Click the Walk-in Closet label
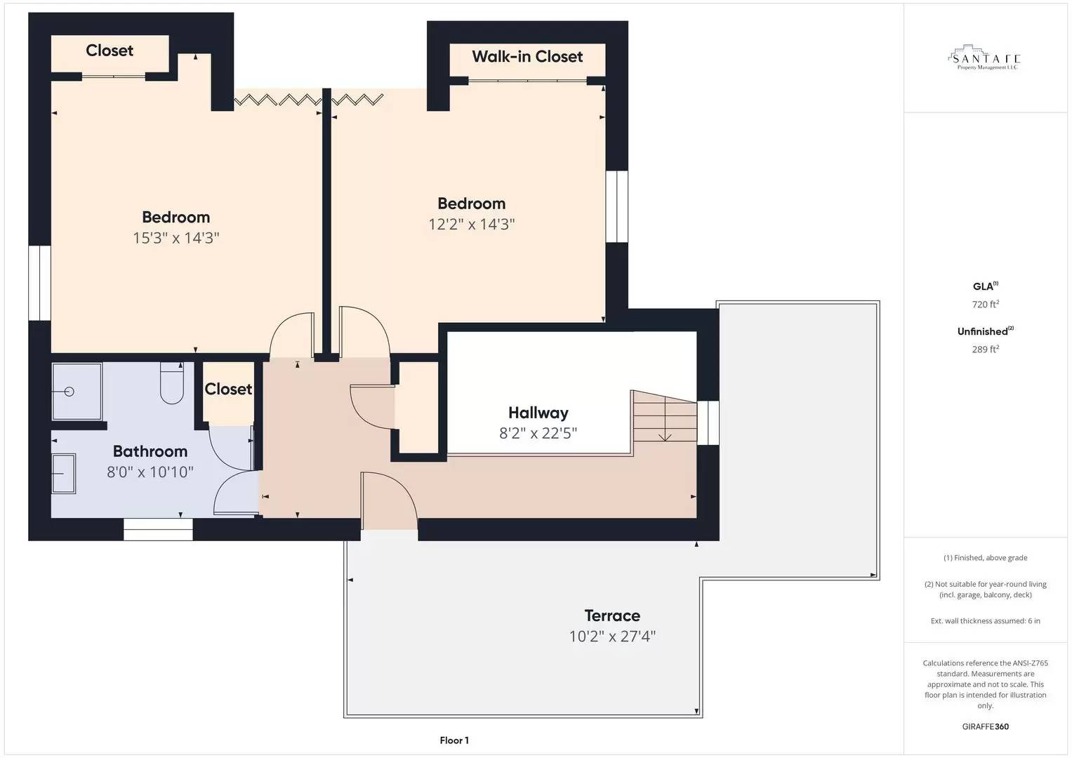click(527, 57)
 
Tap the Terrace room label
click(612, 616)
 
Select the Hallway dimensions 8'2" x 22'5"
click(538, 433)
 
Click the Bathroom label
click(150, 451)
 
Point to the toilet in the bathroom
click(172, 384)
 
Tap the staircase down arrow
click(665, 437)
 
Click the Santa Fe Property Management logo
click(985, 60)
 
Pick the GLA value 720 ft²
click(985, 305)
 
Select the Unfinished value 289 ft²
click(985, 350)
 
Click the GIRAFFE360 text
click(985, 726)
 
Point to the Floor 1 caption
click(454, 740)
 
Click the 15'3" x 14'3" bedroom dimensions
click(176, 238)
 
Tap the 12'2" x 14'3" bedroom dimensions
click(472, 224)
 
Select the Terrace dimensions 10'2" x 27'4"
click(612, 637)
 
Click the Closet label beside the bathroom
click(228, 389)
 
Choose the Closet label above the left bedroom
click(110, 51)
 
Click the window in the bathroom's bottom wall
click(158, 529)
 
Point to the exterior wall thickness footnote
click(985, 621)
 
